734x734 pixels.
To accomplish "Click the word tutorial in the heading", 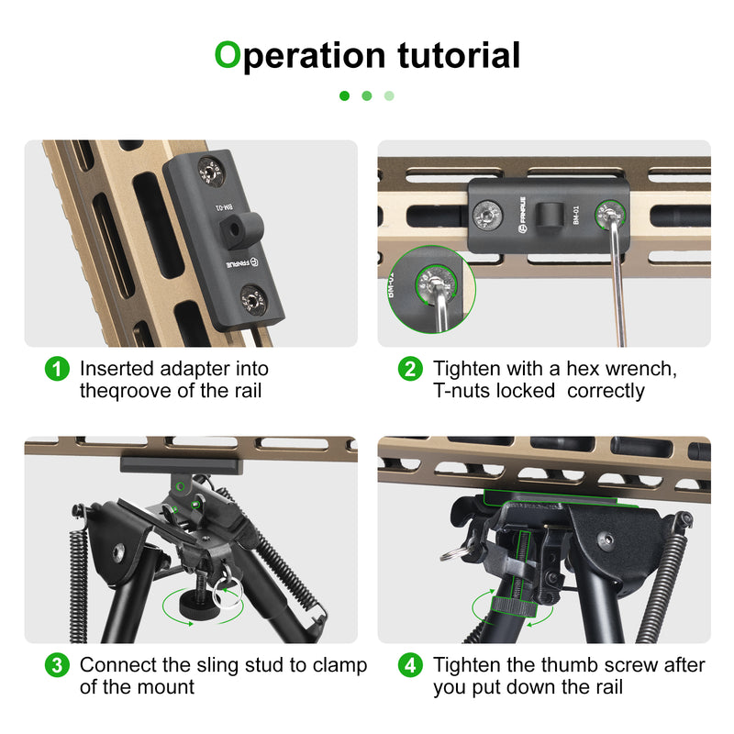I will [x=459, y=55].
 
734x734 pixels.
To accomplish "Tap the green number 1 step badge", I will [x=57, y=370].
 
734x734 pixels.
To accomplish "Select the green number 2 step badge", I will [x=410, y=370].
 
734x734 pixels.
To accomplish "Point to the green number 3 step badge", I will [x=57, y=665].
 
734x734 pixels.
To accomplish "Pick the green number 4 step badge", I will [x=410, y=665].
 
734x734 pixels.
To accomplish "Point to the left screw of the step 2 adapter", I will [x=487, y=217].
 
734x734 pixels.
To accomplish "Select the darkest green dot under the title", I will [x=345, y=95].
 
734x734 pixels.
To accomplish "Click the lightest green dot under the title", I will [x=389, y=95].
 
